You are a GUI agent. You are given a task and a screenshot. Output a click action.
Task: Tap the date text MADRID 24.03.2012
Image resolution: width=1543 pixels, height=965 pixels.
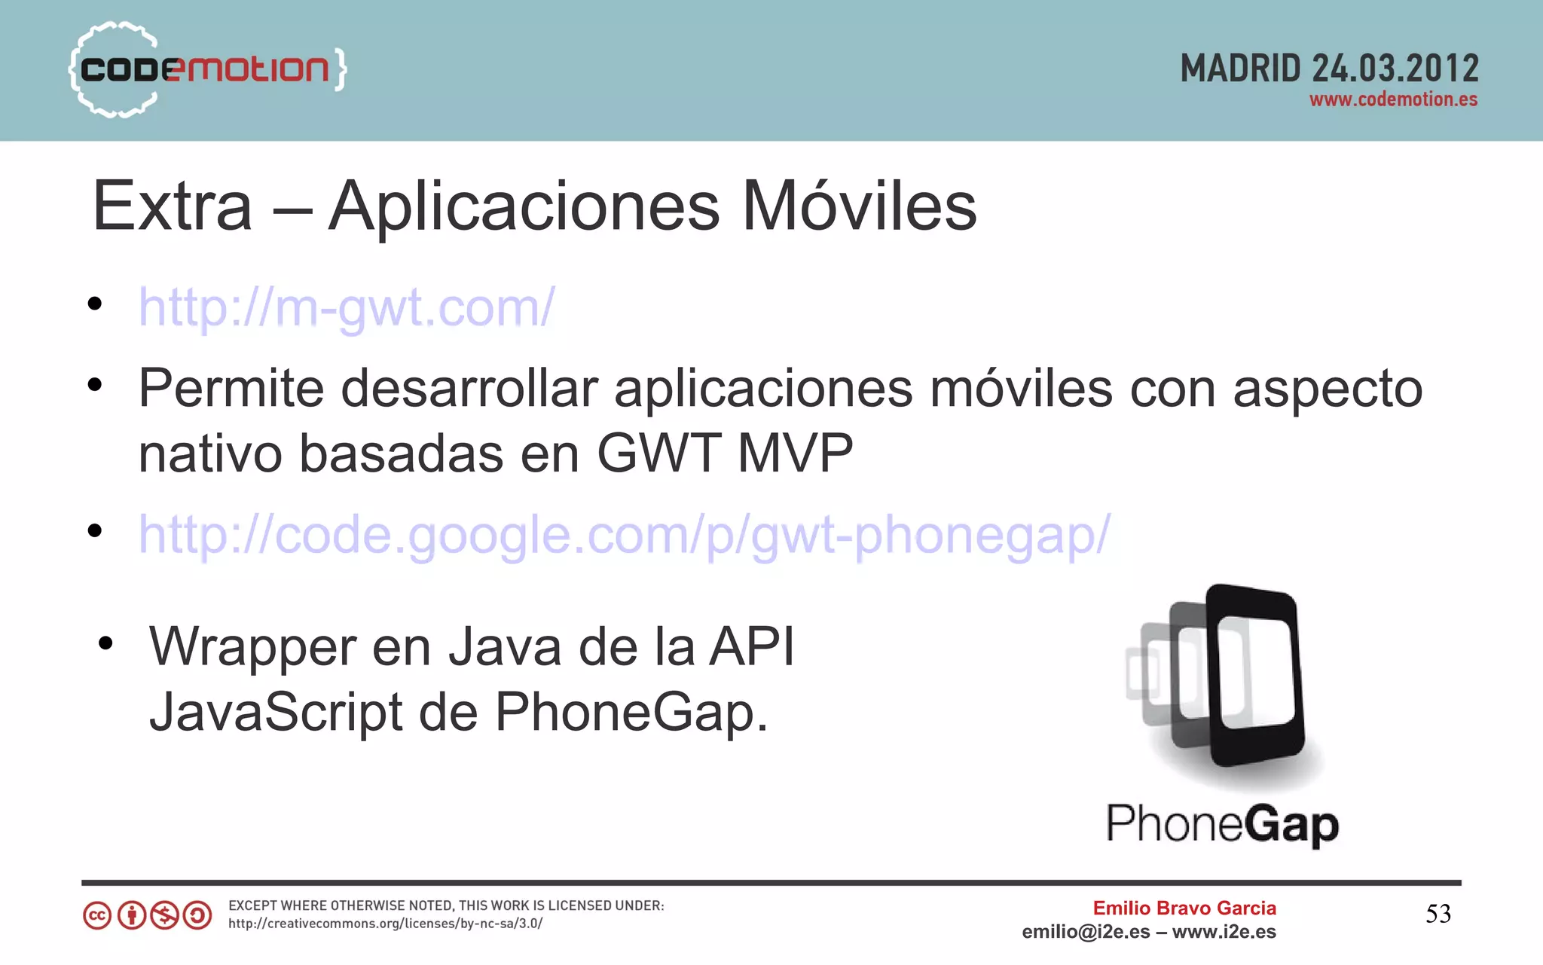coord(1329,69)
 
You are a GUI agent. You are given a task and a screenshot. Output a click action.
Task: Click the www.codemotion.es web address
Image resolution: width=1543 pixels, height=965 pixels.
coord(1393,99)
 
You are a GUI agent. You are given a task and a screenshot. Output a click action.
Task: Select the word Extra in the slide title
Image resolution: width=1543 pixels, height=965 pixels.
coord(172,206)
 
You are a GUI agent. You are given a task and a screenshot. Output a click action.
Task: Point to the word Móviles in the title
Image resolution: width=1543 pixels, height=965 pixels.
coord(860,206)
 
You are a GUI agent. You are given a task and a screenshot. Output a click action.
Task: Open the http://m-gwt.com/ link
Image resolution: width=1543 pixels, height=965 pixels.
coord(347,307)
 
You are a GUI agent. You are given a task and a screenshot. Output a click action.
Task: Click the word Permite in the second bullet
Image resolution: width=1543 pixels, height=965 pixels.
coord(231,389)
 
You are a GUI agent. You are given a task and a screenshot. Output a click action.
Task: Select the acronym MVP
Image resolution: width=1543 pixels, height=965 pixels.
coord(795,453)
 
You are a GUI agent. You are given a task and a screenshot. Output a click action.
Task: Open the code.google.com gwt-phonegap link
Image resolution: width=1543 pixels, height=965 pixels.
coord(624,535)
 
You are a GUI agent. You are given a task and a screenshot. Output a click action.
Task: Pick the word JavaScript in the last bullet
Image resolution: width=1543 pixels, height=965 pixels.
coord(276,713)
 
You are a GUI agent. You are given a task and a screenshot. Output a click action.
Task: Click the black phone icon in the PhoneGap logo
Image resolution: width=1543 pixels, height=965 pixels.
coord(1255,674)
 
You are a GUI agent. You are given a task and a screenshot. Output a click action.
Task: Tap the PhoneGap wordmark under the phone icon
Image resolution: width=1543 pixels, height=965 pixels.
coord(1222,824)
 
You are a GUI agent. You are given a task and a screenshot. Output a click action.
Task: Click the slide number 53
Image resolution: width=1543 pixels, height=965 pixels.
coord(1438,914)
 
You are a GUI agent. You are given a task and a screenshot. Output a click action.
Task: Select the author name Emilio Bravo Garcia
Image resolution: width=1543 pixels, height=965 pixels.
coord(1184,908)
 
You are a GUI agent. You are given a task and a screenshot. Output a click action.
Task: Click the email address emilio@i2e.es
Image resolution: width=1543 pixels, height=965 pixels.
coord(1086,932)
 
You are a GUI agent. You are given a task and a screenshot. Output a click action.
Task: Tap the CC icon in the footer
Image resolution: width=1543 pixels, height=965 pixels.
coord(97,916)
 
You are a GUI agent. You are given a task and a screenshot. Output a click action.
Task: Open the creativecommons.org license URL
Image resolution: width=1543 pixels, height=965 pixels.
coord(385,924)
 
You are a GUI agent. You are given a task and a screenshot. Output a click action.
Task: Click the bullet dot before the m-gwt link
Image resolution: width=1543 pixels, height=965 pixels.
coord(94,304)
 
